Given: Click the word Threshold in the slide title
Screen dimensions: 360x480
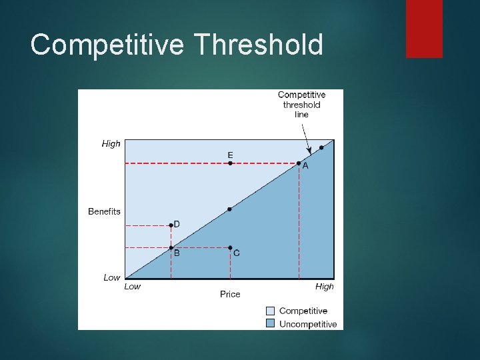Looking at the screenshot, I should click(x=259, y=45).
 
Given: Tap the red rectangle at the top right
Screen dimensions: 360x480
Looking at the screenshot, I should click(x=424, y=28).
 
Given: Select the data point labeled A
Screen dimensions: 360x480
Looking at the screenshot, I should click(x=299, y=163).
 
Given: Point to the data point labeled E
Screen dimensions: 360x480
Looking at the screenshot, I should click(x=230, y=163).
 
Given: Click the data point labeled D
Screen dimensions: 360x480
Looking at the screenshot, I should click(x=171, y=225).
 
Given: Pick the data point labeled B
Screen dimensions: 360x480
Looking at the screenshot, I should click(x=171, y=247).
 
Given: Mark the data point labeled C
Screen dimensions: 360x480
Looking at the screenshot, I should click(x=230, y=247).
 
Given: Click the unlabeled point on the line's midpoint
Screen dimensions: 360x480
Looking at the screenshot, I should click(x=230, y=209).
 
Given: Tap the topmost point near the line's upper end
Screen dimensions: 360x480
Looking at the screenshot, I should click(x=321, y=147).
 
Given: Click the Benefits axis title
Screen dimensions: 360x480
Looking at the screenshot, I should click(x=104, y=211).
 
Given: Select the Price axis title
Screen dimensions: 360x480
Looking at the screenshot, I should click(x=230, y=294).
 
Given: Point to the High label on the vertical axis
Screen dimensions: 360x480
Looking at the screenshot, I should click(x=111, y=143).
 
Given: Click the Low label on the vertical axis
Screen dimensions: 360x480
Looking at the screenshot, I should click(x=111, y=277).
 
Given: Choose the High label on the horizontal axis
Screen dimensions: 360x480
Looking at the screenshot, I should click(x=324, y=287).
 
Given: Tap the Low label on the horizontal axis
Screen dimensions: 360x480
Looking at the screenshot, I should click(x=133, y=287).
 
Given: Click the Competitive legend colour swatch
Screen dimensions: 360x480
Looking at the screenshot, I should click(x=270, y=311).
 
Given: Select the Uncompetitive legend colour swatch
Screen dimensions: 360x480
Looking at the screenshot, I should click(x=270, y=323).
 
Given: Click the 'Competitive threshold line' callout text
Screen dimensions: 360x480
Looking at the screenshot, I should click(x=301, y=105).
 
